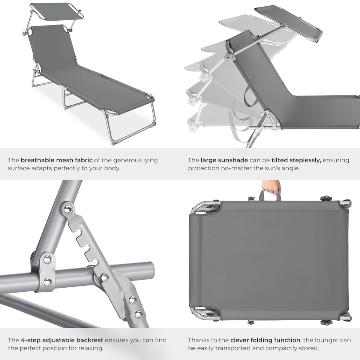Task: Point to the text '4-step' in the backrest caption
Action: (x=30, y=340)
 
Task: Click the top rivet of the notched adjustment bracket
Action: (x=68, y=209)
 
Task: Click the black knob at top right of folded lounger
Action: (x=326, y=198)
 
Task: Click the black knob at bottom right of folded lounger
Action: (x=326, y=322)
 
